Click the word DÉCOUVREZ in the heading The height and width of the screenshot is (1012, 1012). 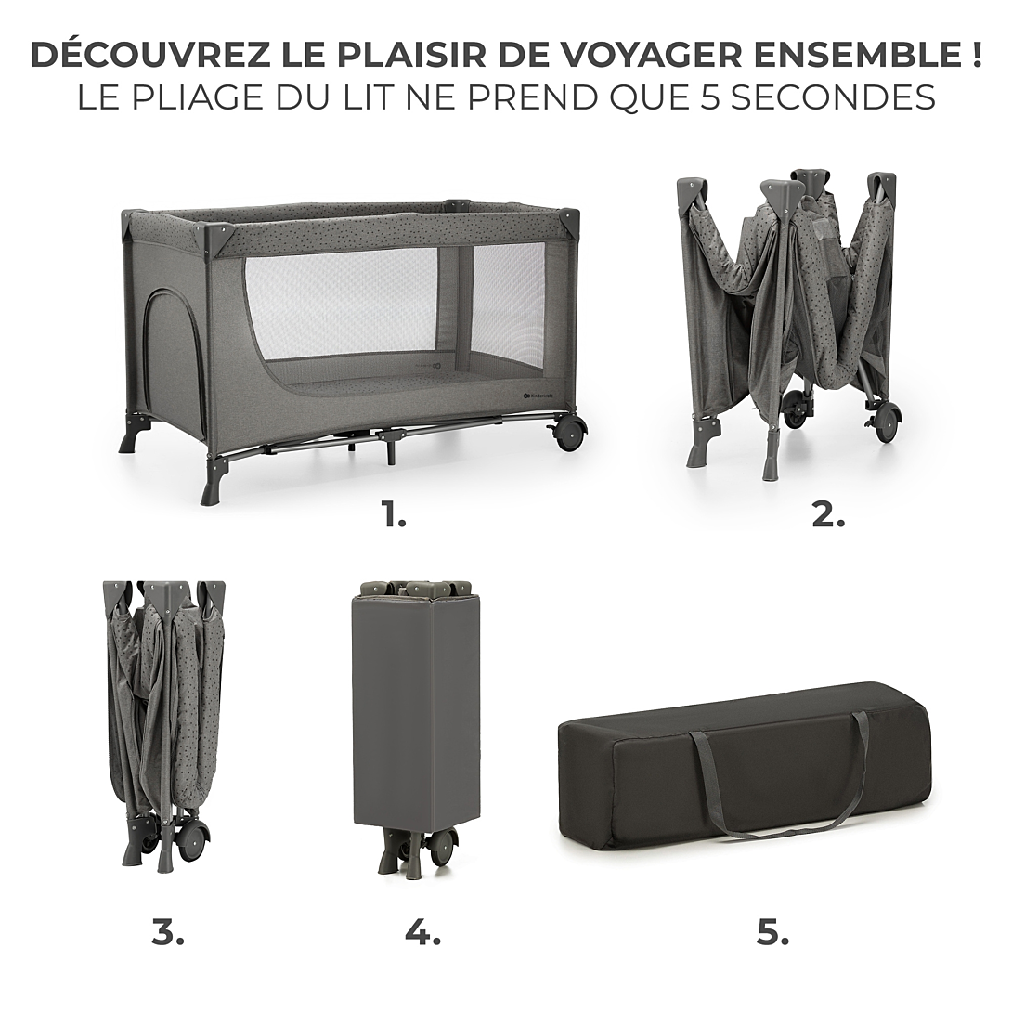point(149,55)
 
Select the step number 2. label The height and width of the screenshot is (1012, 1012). point(828,514)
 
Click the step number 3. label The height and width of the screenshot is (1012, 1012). point(168,931)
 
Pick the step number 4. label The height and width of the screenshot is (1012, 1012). point(422,931)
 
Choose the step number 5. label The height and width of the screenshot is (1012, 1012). point(772,931)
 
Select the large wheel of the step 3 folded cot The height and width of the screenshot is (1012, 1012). point(192,841)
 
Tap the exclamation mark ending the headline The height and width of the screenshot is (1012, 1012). point(975,56)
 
